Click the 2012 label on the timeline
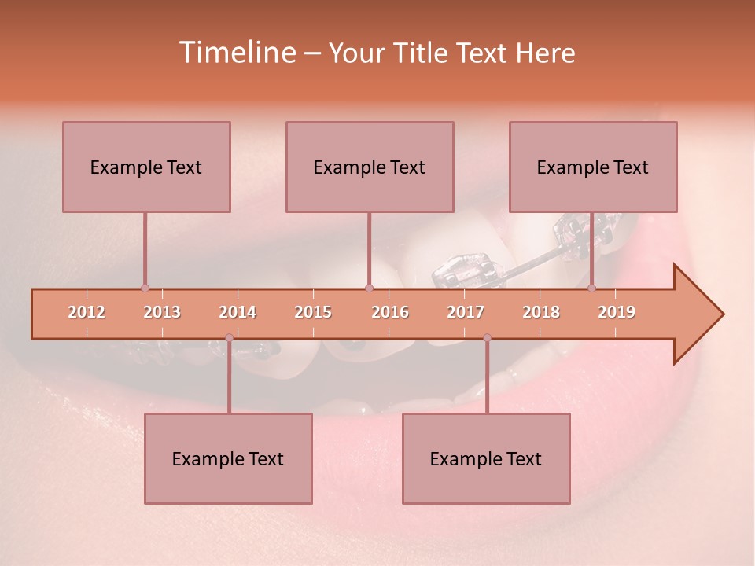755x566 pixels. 87,312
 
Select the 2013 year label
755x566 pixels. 162,312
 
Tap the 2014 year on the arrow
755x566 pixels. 238,312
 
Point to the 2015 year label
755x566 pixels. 313,312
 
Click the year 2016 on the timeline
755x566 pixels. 390,312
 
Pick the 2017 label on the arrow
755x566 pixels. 466,312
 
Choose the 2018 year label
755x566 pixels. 541,312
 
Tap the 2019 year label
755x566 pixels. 617,312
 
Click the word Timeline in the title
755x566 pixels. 236,53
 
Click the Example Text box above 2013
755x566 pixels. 146,167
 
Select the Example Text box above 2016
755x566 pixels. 370,167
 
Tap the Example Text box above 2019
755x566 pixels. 593,167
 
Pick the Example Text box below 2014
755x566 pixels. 228,458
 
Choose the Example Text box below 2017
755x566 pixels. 486,458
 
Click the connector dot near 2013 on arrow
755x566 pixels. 145,289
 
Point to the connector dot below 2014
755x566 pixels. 229,338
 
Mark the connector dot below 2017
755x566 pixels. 487,338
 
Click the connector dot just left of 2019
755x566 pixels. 592,289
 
